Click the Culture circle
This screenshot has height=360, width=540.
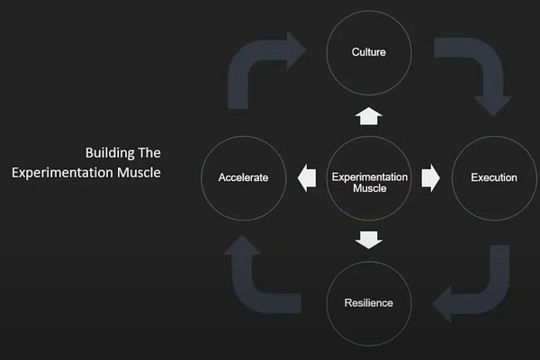click(368, 51)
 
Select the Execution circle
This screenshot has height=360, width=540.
click(494, 177)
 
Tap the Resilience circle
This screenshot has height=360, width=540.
click(368, 303)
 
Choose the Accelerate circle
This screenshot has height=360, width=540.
click(243, 177)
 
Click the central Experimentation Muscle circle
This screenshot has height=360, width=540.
click(369, 177)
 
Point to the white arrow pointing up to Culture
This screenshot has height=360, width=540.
click(369, 114)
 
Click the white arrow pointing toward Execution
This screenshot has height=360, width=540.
click(430, 177)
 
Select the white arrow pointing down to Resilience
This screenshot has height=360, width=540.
click(369, 239)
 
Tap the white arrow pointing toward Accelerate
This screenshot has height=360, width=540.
click(307, 177)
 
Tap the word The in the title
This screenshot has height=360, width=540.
click(149, 152)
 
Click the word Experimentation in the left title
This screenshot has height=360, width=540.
click(58, 172)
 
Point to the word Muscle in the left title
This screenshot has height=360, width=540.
click(134, 172)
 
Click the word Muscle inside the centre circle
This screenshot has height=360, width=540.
click(369, 189)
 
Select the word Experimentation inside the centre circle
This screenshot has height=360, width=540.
click(369, 177)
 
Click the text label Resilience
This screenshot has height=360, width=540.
click(368, 303)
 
